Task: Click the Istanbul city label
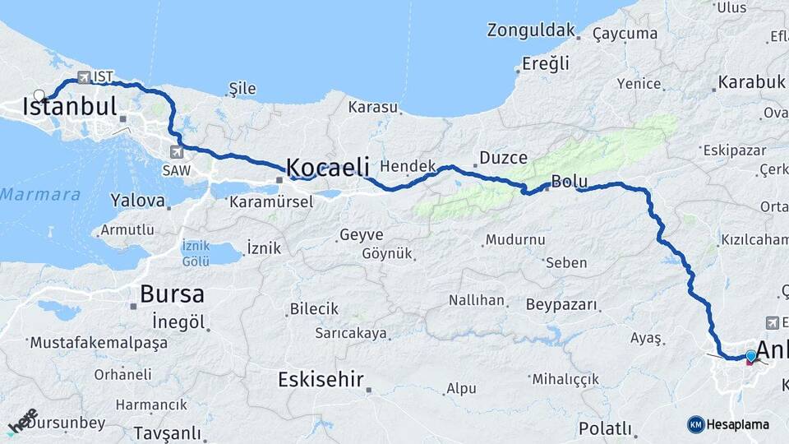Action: coord(70,107)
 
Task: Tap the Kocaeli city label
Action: coord(327,165)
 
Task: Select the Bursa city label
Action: coord(172,294)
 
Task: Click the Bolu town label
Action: coord(568,181)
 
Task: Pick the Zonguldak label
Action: coord(531,30)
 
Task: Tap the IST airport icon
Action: coord(83,77)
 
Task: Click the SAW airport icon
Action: coord(178,151)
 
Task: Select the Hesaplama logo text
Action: coord(737,424)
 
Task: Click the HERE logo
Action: coord(22,421)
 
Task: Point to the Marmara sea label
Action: coord(40,195)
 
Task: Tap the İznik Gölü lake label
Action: coord(196,253)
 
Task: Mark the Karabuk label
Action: coord(751,82)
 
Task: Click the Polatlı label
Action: coord(605,428)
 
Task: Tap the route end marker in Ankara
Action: coord(750,357)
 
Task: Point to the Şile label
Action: coord(242,89)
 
